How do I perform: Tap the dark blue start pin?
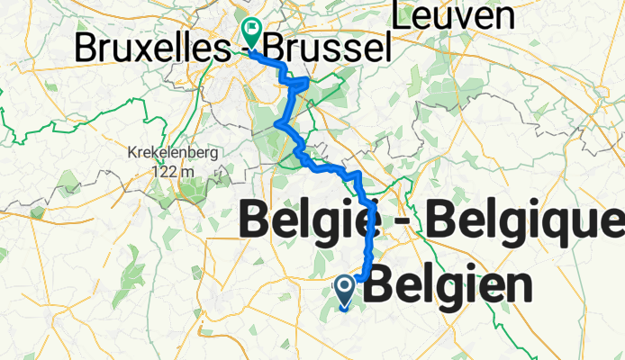(345, 292)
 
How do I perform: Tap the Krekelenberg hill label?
(173, 153)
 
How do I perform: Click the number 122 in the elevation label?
(163, 170)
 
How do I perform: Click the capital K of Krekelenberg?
(133, 153)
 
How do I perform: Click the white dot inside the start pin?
(345, 287)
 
